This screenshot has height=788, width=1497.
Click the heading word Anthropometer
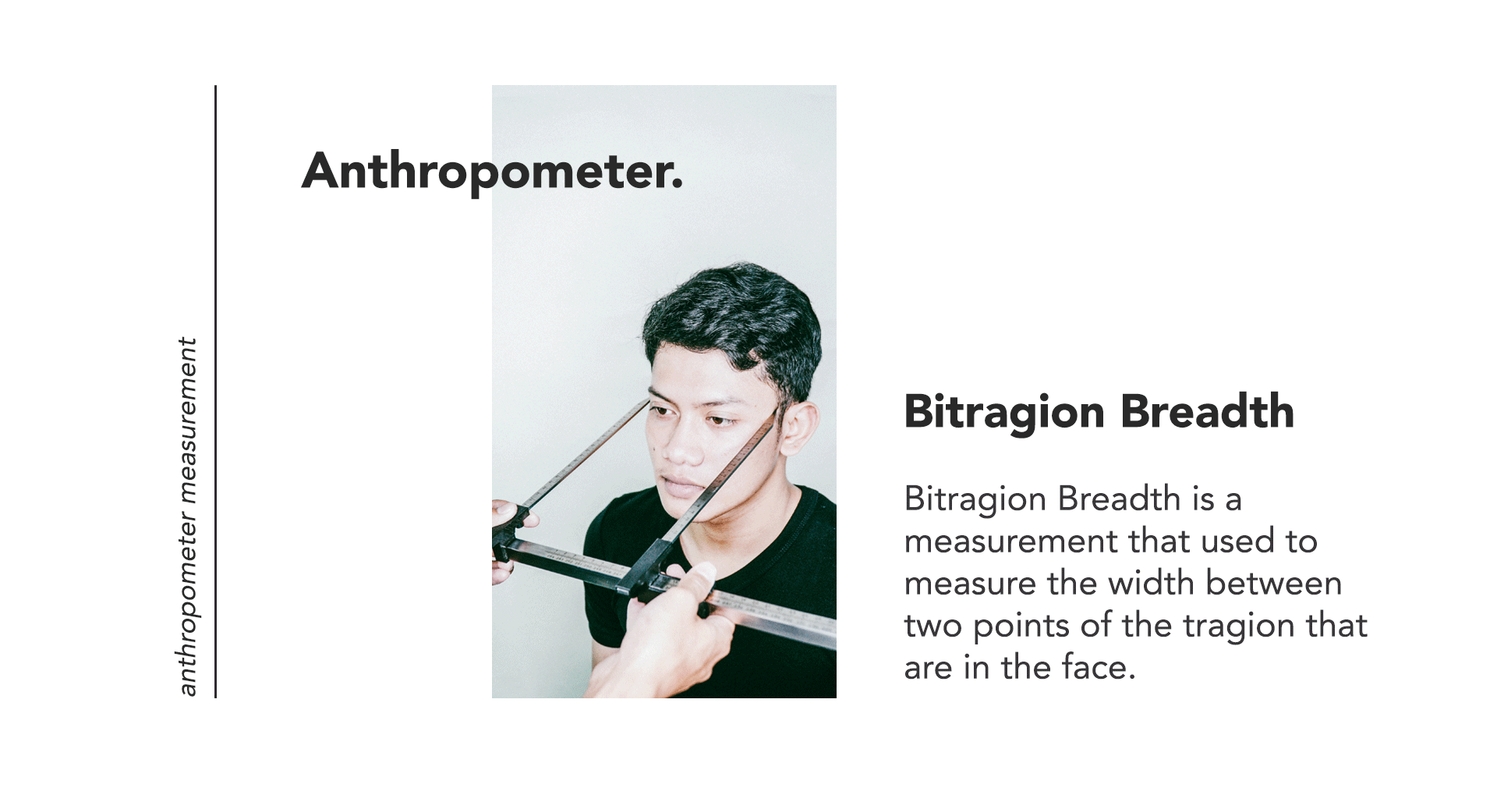point(492,172)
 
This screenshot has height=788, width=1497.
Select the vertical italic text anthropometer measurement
point(187,516)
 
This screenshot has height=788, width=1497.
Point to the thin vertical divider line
point(215,392)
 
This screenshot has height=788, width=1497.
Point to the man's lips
point(681,487)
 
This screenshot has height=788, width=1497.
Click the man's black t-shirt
point(748,616)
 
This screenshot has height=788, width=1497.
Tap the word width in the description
point(1150,583)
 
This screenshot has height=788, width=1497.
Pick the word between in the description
point(1274,583)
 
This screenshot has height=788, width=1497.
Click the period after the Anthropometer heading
point(677,186)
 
